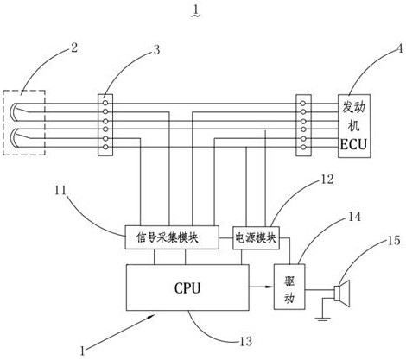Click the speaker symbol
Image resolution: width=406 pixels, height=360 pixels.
[342, 294]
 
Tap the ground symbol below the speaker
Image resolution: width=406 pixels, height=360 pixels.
[323, 319]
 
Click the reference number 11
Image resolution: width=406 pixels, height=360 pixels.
[60, 191]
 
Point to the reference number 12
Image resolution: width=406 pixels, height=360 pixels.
[327, 179]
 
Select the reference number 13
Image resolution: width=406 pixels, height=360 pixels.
[245, 342]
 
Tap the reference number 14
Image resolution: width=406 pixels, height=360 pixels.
[354, 217]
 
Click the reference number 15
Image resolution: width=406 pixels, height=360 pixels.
[393, 240]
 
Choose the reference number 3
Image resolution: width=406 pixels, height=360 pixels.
[156, 50]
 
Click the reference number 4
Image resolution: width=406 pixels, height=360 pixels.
[399, 48]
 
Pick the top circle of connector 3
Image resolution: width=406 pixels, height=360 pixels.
[105, 103]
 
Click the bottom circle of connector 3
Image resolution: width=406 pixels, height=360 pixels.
[105, 147]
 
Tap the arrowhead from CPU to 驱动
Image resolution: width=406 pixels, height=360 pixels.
[270, 287]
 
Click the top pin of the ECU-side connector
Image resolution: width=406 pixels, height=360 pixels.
[302, 104]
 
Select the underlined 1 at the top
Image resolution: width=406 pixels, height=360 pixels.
[196, 11]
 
